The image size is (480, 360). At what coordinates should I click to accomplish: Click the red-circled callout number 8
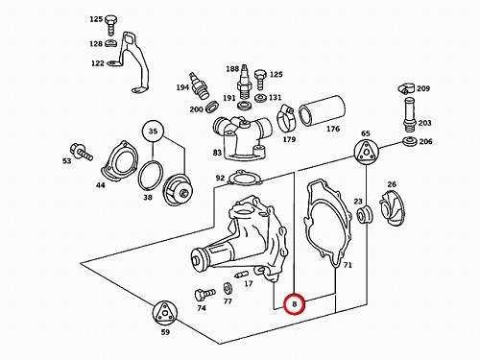tap(295, 303)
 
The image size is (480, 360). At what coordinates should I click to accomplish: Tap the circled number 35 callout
tap(153, 132)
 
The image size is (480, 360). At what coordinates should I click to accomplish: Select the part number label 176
tap(333, 129)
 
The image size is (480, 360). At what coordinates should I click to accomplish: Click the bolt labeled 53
tap(81, 152)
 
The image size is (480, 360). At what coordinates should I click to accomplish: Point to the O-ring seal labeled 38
tap(151, 177)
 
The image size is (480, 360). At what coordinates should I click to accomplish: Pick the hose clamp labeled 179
tap(287, 119)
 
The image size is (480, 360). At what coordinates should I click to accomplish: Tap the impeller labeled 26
tap(388, 206)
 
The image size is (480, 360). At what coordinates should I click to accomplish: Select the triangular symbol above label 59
tap(164, 313)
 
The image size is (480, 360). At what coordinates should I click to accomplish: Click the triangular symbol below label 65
tap(366, 152)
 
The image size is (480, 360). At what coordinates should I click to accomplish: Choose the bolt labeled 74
tap(204, 295)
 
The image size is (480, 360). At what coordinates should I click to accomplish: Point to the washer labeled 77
tap(228, 289)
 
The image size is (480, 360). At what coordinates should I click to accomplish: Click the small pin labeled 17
tap(242, 275)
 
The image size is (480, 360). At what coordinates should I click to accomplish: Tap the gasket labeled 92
tap(245, 178)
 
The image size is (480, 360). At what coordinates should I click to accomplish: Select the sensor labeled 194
tap(200, 85)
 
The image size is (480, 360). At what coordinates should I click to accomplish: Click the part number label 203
tap(424, 123)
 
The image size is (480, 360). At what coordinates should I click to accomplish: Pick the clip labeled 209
tap(406, 89)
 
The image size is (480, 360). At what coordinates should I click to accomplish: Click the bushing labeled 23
tap(365, 215)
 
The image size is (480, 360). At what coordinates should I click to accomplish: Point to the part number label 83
tap(217, 153)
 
